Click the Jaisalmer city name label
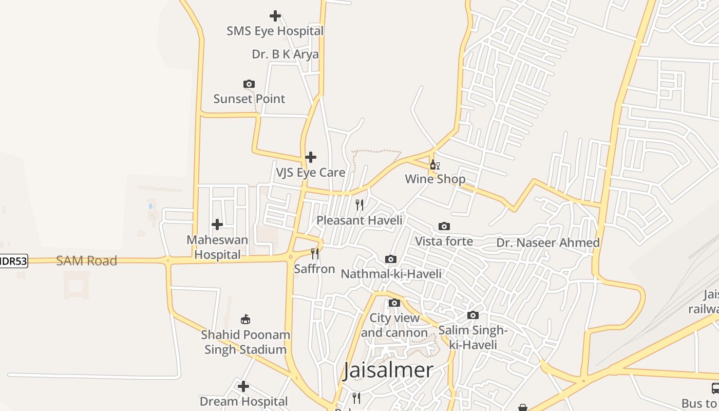coord(388,370)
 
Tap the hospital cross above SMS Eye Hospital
coord(275,16)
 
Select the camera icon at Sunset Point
coord(249,84)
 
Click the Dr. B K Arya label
coord(285,54)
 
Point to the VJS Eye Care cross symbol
coord(311,157)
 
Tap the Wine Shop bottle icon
coord(434,164)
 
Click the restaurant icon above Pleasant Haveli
coord(359,205)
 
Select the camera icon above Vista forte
coord(444,227)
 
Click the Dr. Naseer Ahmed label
coord(548,242)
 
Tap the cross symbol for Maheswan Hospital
coord(217,225)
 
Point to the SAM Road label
coord(86,261)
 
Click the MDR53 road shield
coord(13,261)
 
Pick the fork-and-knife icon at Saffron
coord(315,254)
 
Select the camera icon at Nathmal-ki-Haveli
coord(391,259)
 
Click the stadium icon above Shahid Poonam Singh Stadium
coord(245,320)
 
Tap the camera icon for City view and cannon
coord(394,303)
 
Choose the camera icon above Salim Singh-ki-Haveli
coord(473,315)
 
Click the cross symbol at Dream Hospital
coord(243,386)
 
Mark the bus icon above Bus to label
coord(715,388)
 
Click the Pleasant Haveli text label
coord(359,220)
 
